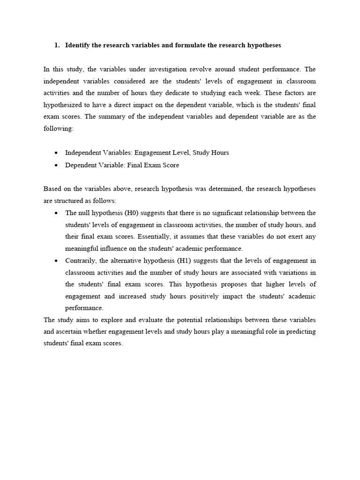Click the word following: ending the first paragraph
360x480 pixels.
(59, 128)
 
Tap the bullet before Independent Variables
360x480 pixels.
(56, 153)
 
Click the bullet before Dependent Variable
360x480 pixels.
(56, 165)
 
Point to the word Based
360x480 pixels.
(52, 189)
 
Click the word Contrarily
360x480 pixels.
(81, 261)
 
